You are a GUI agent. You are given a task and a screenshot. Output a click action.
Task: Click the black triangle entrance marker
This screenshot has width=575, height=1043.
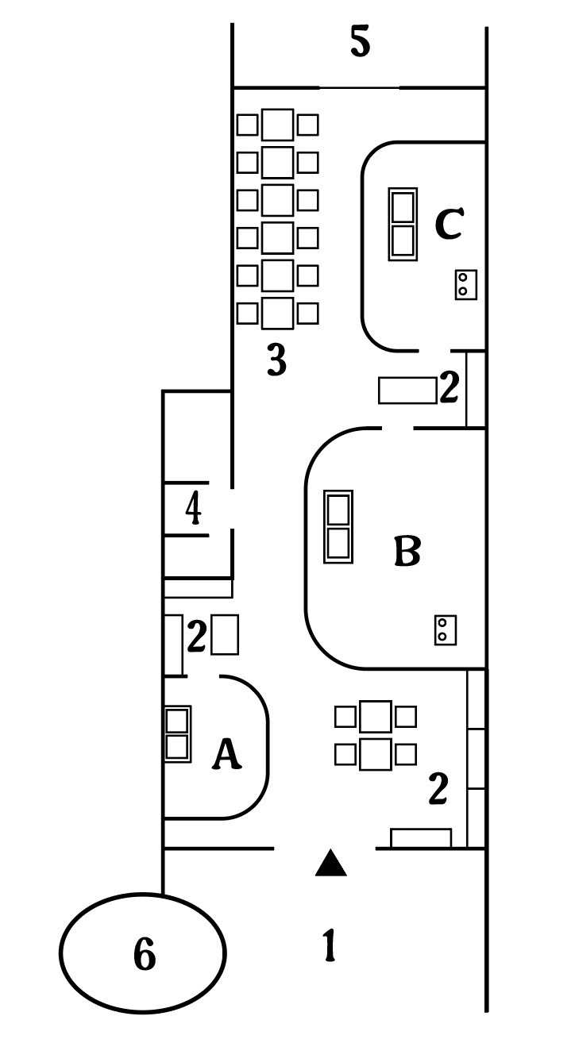tap(331, 864)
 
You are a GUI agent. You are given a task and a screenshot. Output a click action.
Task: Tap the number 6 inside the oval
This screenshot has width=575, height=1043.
tap(145, 953)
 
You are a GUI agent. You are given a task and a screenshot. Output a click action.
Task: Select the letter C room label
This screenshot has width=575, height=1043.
tap(450, 224)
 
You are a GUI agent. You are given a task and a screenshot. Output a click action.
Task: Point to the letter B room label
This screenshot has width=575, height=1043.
tap(407, 551)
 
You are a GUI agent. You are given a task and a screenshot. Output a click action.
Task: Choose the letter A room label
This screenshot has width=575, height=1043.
tap(226, 753)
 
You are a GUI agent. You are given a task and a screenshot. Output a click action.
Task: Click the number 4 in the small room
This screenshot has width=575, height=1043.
tap(193, 509)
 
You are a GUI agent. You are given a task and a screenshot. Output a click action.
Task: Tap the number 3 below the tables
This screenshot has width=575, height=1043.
tap(277, 360)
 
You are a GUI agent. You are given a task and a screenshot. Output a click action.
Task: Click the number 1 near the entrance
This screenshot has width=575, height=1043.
tap(330, 945)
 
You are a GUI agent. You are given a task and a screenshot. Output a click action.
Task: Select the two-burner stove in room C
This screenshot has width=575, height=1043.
tap(466, 284)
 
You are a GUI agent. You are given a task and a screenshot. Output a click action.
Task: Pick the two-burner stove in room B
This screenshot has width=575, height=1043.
tap(446, 630)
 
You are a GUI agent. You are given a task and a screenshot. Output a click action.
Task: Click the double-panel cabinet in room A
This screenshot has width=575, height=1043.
tap(178, 733)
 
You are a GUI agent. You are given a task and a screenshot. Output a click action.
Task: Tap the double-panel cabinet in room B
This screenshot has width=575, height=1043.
tap(338, 526)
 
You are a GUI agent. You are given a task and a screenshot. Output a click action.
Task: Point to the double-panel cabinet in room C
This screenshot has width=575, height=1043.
tap(403, 224)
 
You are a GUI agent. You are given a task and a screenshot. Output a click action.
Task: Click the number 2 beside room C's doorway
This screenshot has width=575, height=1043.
tap(450, 386)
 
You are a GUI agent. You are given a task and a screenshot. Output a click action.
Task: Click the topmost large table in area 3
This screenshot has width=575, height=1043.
tap(278, 125)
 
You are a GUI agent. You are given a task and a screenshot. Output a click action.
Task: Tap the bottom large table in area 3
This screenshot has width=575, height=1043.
tap(278, 314)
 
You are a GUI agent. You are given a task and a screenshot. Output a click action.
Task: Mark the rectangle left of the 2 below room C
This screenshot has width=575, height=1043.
tap(407, 391)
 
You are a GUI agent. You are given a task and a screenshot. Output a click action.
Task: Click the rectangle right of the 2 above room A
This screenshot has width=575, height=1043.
tap(225, 635)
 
